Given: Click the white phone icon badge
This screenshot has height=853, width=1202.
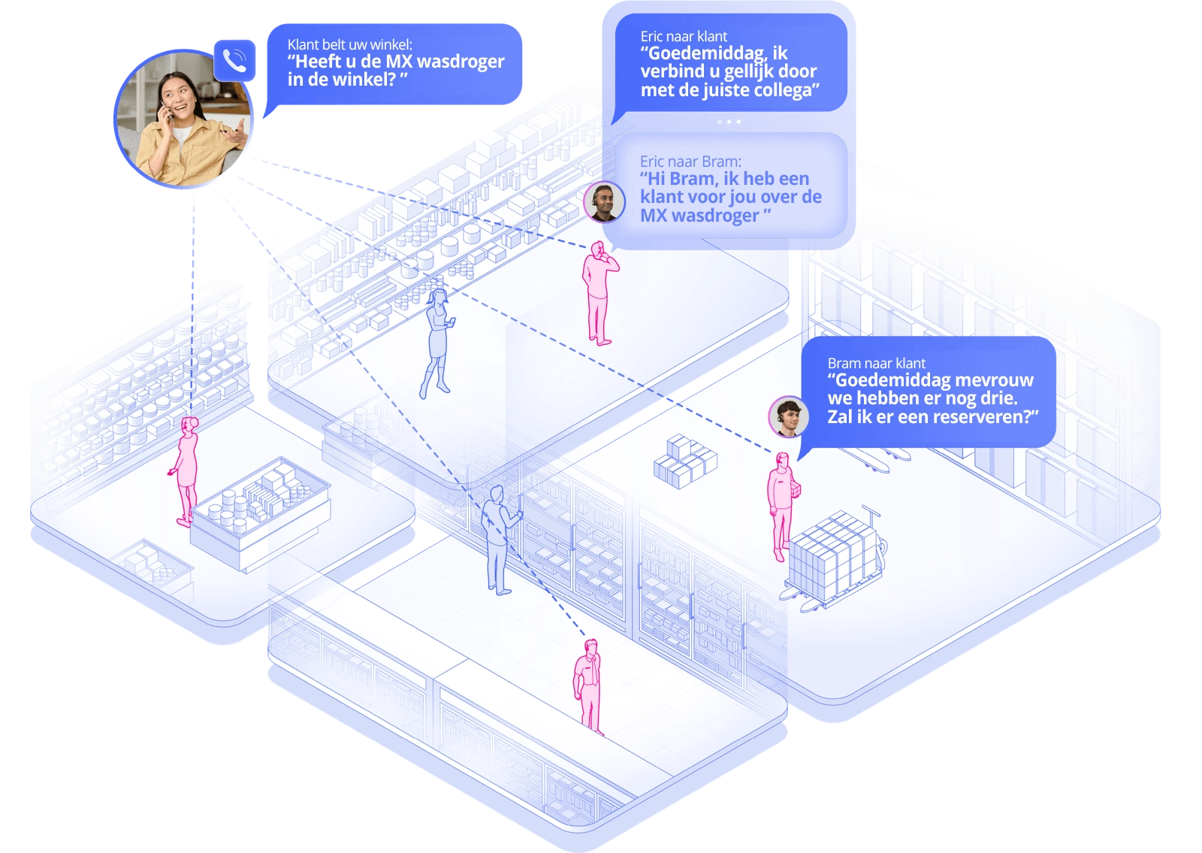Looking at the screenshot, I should point(234,60).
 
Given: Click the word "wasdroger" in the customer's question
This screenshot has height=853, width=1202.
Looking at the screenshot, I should point(460,62).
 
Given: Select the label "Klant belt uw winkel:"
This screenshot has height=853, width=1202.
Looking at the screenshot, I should point(349,44).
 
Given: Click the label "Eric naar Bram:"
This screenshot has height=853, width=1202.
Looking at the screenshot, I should point(690,161).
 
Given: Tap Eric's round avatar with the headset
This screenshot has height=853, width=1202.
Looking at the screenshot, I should point(604,201).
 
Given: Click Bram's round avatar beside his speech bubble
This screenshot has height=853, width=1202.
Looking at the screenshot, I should point(788,416).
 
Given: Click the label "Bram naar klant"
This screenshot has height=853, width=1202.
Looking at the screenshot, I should point(876,363).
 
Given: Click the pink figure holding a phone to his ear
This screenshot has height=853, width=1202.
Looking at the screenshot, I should point(599,293).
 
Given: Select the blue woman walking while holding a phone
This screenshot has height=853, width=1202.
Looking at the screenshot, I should point(437,343).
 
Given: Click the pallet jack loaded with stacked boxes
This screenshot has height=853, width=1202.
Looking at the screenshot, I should point(832,557).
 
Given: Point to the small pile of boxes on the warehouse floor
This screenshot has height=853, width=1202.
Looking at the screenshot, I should point(684,460).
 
